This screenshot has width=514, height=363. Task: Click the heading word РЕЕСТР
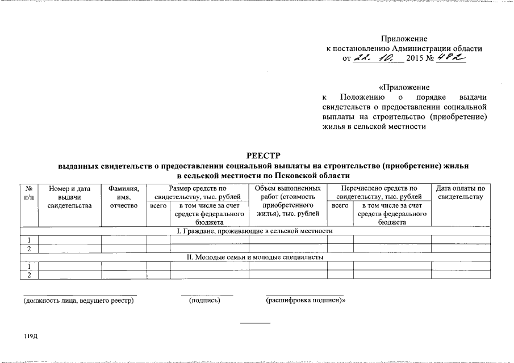(264, 155)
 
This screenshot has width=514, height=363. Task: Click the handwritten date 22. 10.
(378, 58)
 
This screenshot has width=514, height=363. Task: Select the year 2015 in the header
(415, 59)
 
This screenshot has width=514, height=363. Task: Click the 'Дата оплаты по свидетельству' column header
(460, 192)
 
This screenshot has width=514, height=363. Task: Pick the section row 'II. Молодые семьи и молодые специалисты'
(255, 257)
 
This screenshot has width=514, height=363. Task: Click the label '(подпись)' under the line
(204, 300)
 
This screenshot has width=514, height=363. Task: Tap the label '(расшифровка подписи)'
(306, 300)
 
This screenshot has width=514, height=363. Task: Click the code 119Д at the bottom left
(30, 337)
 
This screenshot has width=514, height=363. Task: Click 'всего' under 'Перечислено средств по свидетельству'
(340, 205)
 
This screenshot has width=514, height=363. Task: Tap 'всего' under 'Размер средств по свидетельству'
(158, 205)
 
